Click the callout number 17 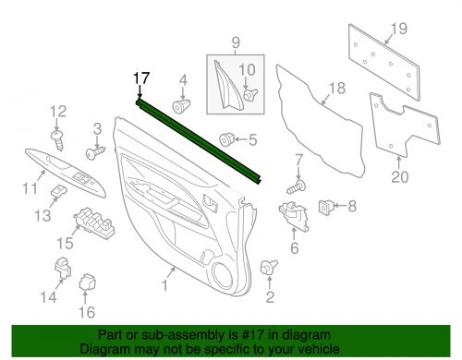tap(140, 78)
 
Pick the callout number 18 tap(335, 89)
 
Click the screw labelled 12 tap(58, 138)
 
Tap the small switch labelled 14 tap(64, 267)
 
